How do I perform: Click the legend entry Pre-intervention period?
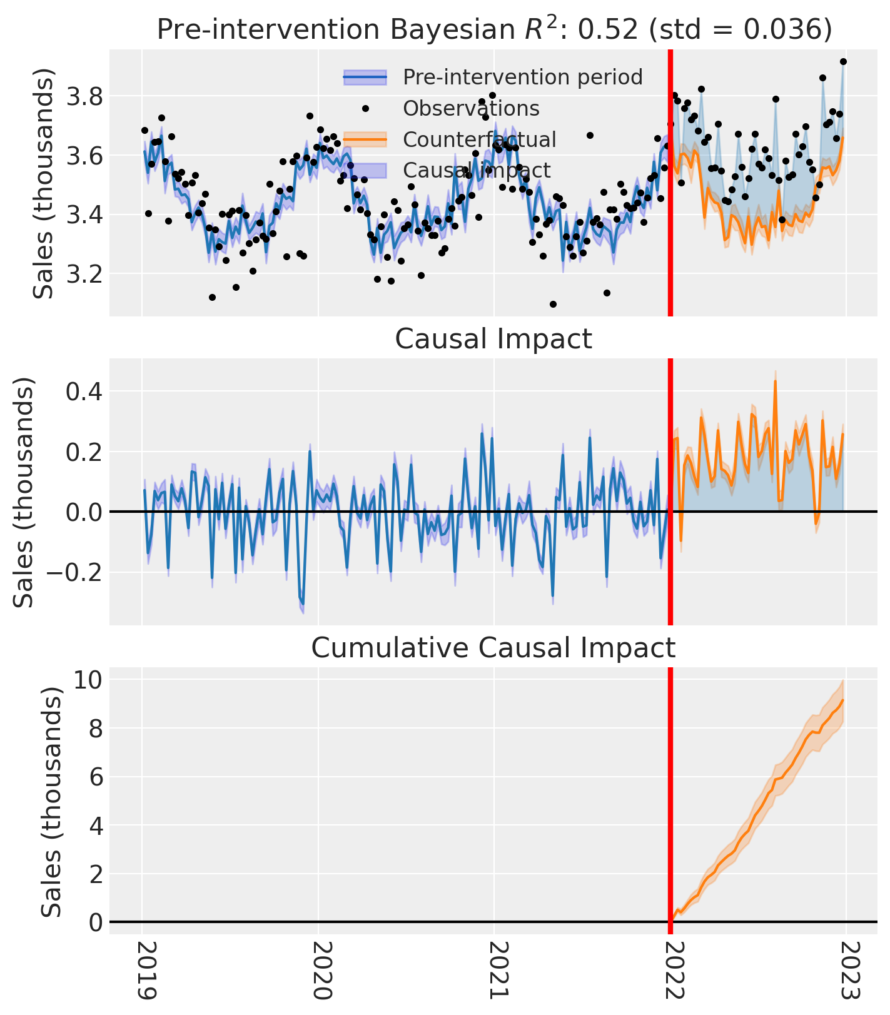pyautogui.click(x=522, y=77)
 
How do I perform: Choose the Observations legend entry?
pyautogui.click(x=470, y=108)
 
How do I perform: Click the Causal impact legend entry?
pyautogui.click(x=476, y=170)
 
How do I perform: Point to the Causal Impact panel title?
pyautogui.click(x=493, y=339)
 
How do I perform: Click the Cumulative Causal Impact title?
pyautogui.click(x=493, y=648)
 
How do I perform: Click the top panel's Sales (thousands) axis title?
pyautogui.click(x=44, y=183)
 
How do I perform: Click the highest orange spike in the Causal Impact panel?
pyautogui.click(x=776, y=381)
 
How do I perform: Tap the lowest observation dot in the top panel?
pyautogui.click(x=553, y=304)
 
